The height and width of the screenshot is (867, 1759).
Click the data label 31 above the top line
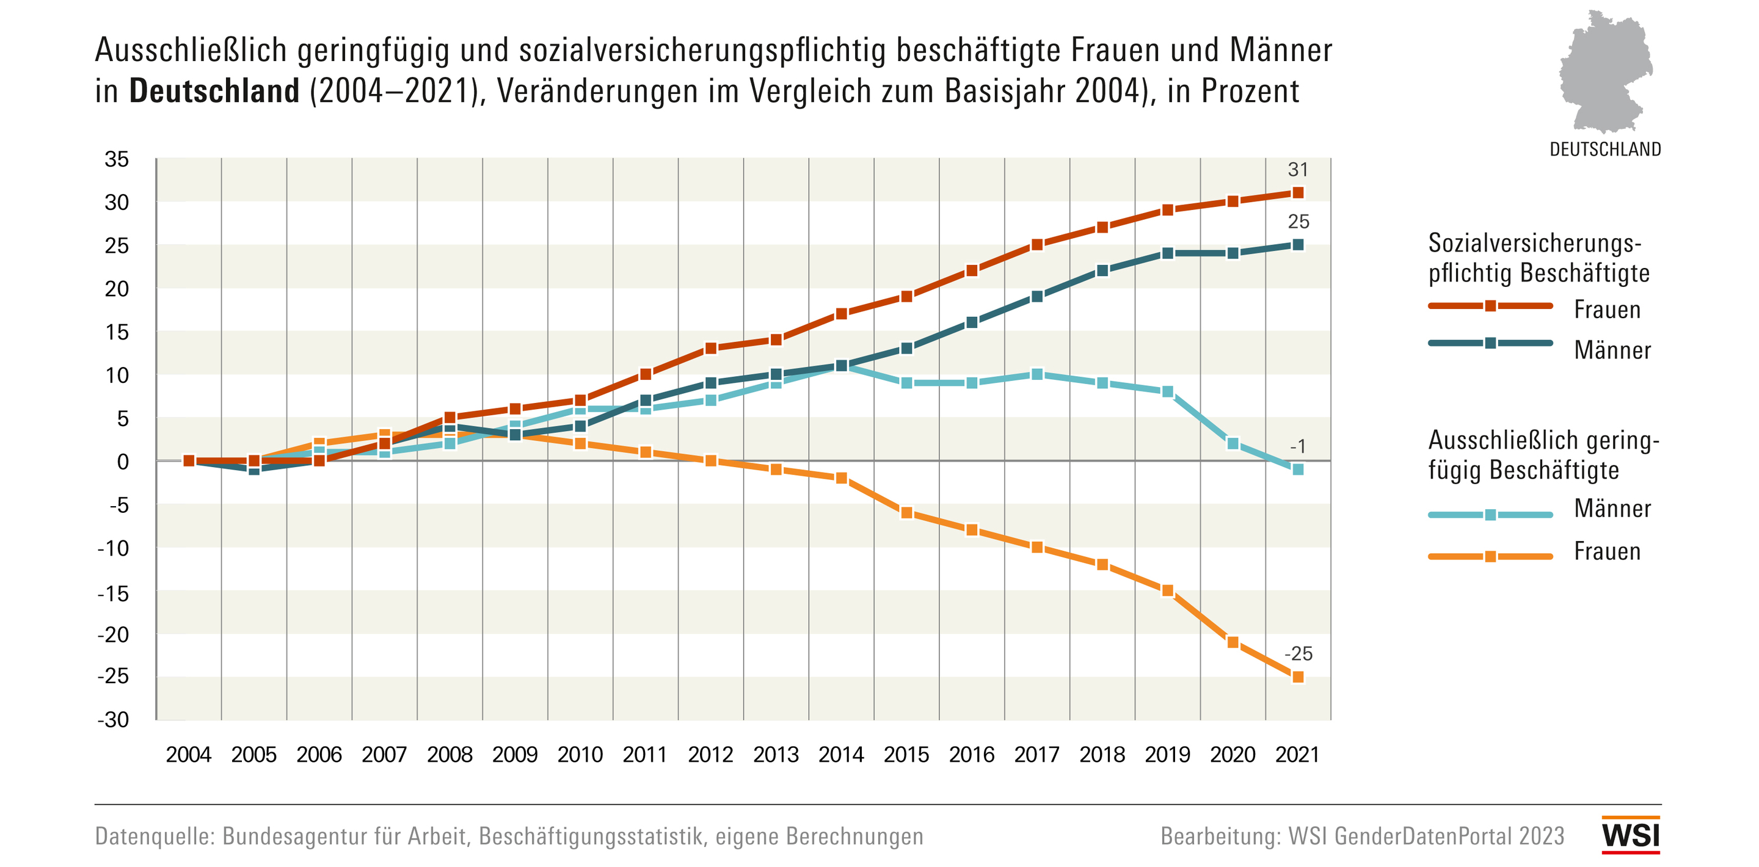1297,169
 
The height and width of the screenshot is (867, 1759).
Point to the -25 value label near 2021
1298,653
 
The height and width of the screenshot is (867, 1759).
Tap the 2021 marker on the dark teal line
1298,244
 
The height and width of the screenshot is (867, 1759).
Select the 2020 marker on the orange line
1233,642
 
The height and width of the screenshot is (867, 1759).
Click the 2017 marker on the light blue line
1036,374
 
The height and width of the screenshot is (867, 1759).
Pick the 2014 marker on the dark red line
841,313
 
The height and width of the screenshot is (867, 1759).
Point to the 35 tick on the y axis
116,159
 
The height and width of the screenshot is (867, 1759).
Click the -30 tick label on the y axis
114,719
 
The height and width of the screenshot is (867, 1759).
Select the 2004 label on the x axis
189,755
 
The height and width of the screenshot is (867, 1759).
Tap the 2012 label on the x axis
710,755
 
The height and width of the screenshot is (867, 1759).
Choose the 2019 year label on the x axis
1167,755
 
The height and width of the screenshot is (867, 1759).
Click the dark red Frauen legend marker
1491,306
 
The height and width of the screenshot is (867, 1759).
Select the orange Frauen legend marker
1491,556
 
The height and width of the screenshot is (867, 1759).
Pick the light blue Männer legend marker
1491,515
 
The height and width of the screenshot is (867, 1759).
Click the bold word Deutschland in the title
214,91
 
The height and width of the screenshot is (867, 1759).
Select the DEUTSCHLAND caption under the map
1604,150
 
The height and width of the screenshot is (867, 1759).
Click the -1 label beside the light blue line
1297,446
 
